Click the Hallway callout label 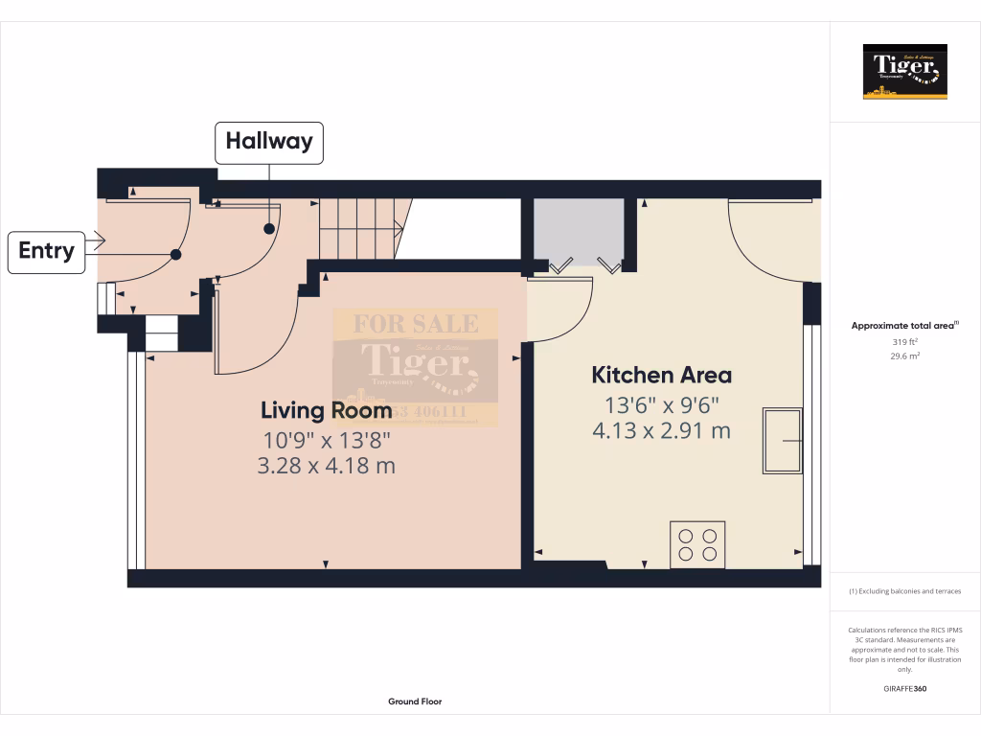(x=268, y=142)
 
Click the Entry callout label (x=46, y=251)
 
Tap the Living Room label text (x=326, y=410)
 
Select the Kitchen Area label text (x=661, y=375)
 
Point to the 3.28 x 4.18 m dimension (x=326, y=467)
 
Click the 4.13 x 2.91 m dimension (x=661, y=430)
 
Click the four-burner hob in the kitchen (x=697, y=544)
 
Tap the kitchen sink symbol (x=782, y=440)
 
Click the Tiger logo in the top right (x=904, y=72)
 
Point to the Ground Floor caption (x=415, y=701)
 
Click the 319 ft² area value (x=904, y=342)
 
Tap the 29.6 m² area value (x=904, y=356)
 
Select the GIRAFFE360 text (x=904, y=689)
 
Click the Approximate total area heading (x=903, y=326)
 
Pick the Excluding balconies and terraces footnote (x=904, y=591)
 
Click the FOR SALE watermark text (x=416, y=323)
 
